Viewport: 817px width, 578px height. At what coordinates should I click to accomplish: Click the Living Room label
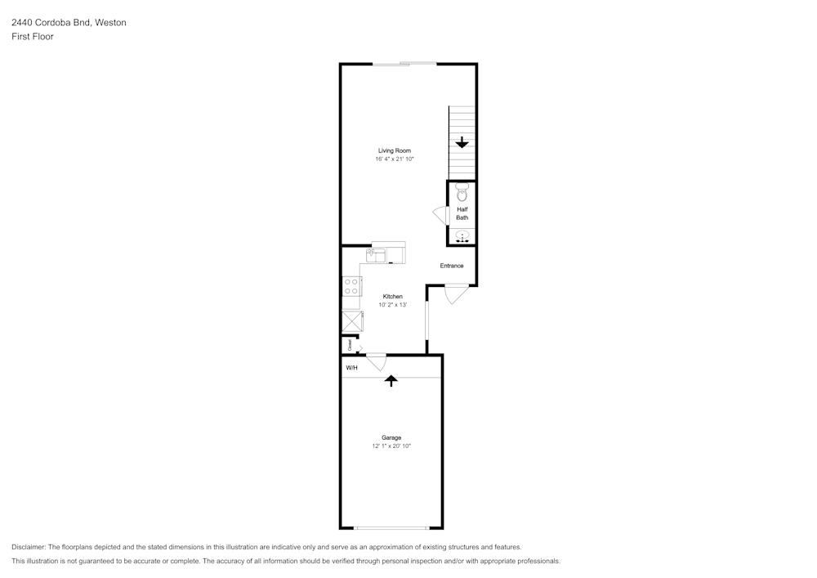click(x=395, y=150)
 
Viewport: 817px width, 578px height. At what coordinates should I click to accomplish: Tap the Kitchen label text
click(x=392, y=297)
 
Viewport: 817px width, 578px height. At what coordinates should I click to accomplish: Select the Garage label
click(x=391, y=438)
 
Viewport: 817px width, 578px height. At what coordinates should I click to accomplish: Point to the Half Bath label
click(x=462, y=213)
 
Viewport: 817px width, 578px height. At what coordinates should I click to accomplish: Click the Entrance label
click(x=451, y=266)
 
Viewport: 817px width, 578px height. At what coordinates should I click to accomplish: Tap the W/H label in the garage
click(x=351, y=368)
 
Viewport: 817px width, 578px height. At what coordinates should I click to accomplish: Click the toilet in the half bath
click(x=462, y=192)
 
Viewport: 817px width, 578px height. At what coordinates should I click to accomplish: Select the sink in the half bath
click(x=462, y=237)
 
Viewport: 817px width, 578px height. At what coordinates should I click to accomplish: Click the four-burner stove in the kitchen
click(x=351, y=286)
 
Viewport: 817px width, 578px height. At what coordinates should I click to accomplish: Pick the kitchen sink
click(x=376, y=255)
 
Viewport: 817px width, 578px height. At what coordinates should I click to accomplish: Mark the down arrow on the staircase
click(x=462, y=141)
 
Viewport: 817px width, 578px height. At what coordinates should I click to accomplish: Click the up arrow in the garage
click(x=391, y=381)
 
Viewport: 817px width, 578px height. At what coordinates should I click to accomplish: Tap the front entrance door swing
click(x=457, y=294)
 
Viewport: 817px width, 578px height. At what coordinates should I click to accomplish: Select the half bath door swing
click(x=441, y=215)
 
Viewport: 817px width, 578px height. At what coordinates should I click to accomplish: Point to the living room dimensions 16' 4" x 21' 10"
click(x=395, y=159)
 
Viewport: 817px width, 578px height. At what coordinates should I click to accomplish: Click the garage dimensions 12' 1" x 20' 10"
click(x=391, y=446)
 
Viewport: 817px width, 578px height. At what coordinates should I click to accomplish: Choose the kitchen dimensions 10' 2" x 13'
click(x=392, y=305)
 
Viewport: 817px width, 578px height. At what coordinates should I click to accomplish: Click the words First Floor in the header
click(x=33, y=37)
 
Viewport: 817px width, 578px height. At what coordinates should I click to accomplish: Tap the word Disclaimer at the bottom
click(x=28, y=547)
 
